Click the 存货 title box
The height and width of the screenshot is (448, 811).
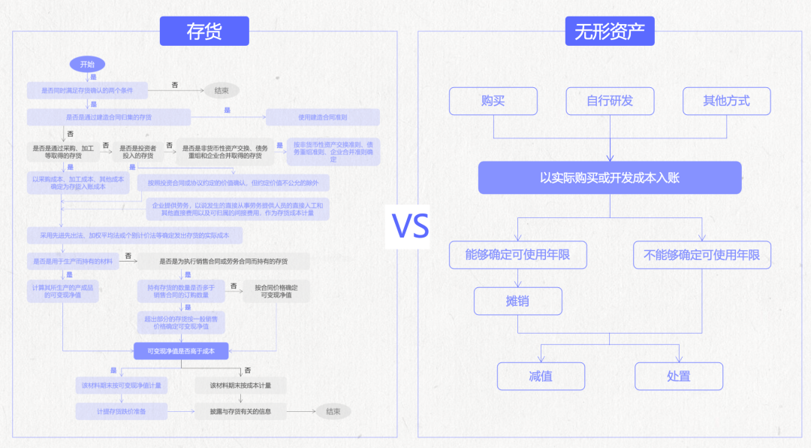[204, 31]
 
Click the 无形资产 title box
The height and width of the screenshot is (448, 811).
[609, 31]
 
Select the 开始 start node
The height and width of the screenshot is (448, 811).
[87, 65]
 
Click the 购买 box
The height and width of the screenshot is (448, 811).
[493, 101]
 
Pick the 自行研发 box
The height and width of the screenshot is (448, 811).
[610, 101]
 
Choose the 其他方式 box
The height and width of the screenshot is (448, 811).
[726, 101]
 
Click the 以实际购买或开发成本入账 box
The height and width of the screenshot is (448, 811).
[610, 178]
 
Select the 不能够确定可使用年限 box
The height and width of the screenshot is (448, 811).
[702, 255]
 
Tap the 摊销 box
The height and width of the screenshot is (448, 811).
[518, 301]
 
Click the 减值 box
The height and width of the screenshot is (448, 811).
[541, 376]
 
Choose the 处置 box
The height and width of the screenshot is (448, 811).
[679, 376]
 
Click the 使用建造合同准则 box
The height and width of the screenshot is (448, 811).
[323, 117]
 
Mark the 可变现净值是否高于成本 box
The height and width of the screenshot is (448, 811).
[181, 351]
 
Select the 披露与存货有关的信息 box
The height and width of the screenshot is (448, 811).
[240, 411]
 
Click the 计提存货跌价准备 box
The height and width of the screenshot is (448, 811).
[121, 411]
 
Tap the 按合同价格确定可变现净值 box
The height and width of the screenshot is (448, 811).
[276, 291]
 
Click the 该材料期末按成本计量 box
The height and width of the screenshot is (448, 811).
[240, 386]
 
